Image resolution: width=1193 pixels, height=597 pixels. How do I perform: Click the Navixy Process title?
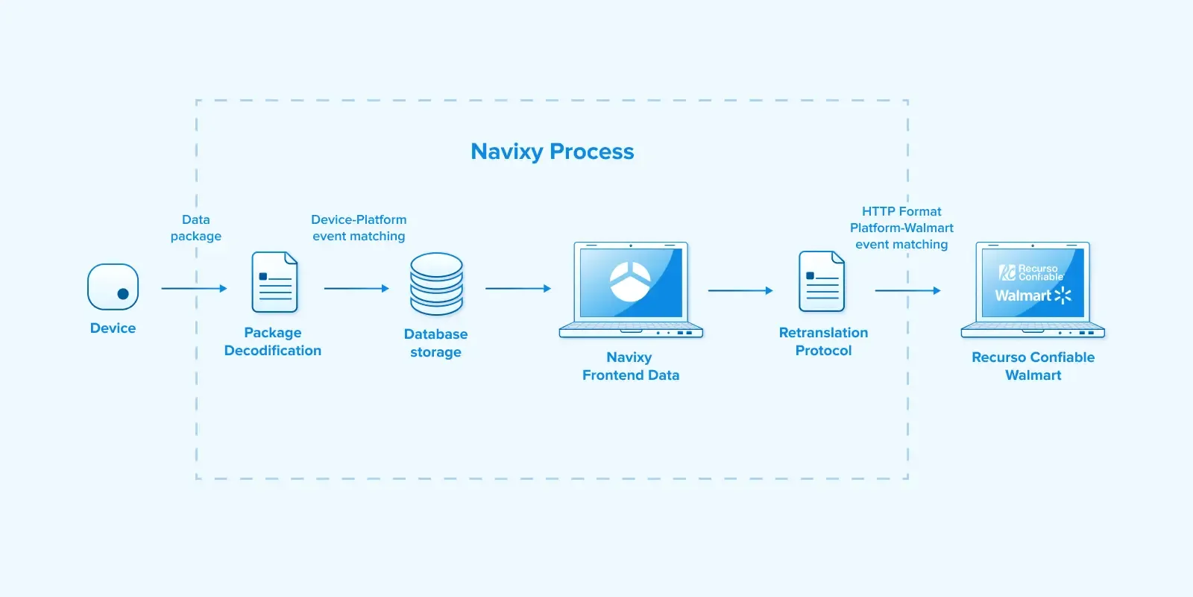point(553,151)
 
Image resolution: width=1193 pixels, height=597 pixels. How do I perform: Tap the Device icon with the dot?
point(113,287)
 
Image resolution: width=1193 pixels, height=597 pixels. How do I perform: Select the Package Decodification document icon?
point(274,282)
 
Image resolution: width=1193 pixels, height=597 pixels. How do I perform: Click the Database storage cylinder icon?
point(436,284)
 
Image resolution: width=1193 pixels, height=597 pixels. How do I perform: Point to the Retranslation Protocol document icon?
point(822,281)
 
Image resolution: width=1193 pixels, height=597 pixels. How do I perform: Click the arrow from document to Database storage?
point(356,288)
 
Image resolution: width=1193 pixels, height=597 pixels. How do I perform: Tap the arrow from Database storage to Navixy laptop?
point(518,288)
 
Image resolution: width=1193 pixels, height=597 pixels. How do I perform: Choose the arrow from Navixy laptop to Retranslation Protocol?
point(740,290)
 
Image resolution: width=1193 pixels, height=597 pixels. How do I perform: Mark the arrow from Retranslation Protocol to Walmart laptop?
point(907,290)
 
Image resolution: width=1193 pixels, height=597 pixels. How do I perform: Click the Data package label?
point(196,228)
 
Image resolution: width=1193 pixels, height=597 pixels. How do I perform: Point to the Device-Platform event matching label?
point(359,228)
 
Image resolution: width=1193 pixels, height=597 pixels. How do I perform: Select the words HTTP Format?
point(901,212)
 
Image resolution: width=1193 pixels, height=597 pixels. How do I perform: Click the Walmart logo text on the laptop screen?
point(1023,296)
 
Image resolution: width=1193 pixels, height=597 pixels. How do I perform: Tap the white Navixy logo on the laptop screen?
point(630,281)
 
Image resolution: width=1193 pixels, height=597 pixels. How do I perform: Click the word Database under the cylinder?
point(436,334)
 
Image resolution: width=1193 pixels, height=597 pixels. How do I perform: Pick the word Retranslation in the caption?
point(823,333)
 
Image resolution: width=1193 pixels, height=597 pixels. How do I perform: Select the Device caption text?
point(113,328)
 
